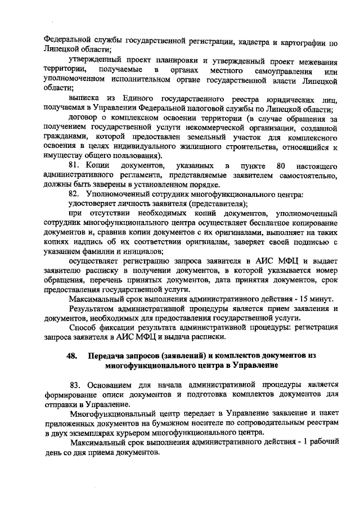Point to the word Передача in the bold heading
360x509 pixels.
(108, 357)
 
